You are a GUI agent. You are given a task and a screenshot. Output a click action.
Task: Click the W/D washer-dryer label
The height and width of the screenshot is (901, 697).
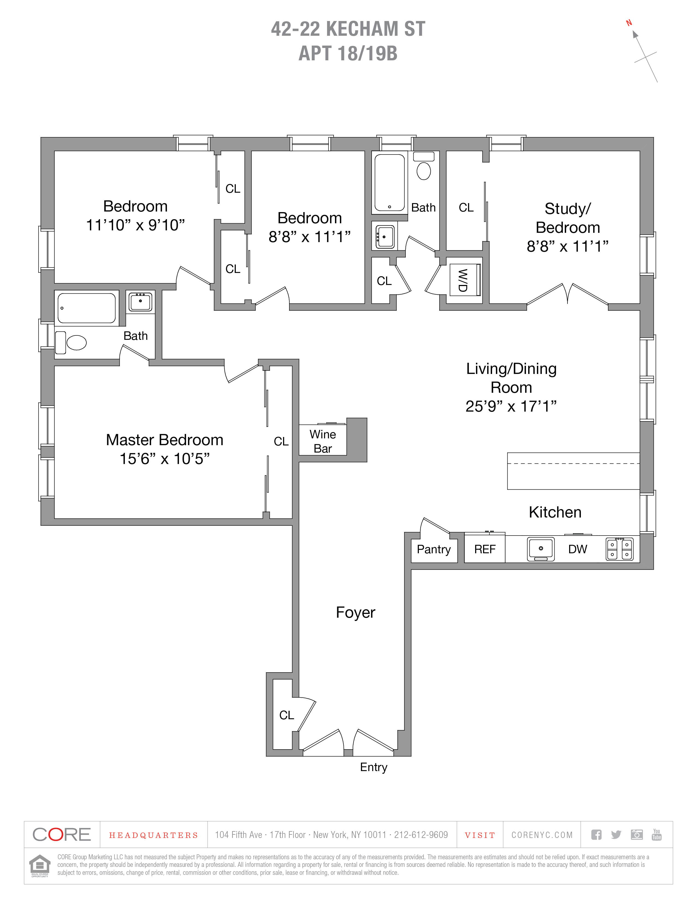click(x=463, y=280)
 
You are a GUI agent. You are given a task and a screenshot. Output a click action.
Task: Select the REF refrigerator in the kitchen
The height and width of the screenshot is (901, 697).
click(x=484, y=549)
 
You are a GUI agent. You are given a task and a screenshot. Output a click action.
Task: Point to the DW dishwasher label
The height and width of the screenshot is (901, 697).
click(x=577, y=549)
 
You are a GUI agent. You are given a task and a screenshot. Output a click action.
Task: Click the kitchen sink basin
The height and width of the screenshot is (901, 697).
click(x=540, y=549)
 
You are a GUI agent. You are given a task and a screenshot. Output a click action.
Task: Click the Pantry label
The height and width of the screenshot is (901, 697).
click(x=434, y=549)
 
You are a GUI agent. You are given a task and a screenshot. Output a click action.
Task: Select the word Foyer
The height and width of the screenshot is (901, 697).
click(x=355, y=612)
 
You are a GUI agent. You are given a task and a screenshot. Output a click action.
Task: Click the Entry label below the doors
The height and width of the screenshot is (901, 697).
click(x=373, y=767)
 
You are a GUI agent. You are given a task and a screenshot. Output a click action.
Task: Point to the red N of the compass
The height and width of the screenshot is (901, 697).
click(x=629, y=23)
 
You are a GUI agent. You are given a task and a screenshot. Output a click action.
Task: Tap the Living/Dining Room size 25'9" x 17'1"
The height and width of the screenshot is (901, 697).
click(x=511, y=406)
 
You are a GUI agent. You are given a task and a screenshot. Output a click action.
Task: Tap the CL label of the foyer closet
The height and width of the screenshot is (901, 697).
click(x=287, y=715)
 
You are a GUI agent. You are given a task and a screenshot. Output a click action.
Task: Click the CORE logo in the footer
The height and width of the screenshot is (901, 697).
click(x=61, y=835)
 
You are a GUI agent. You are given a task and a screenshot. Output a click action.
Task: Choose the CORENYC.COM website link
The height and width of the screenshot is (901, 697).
click(x=542, y=835)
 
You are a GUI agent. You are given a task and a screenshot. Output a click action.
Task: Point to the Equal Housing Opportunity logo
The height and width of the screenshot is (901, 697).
click(x=40, y=866)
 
